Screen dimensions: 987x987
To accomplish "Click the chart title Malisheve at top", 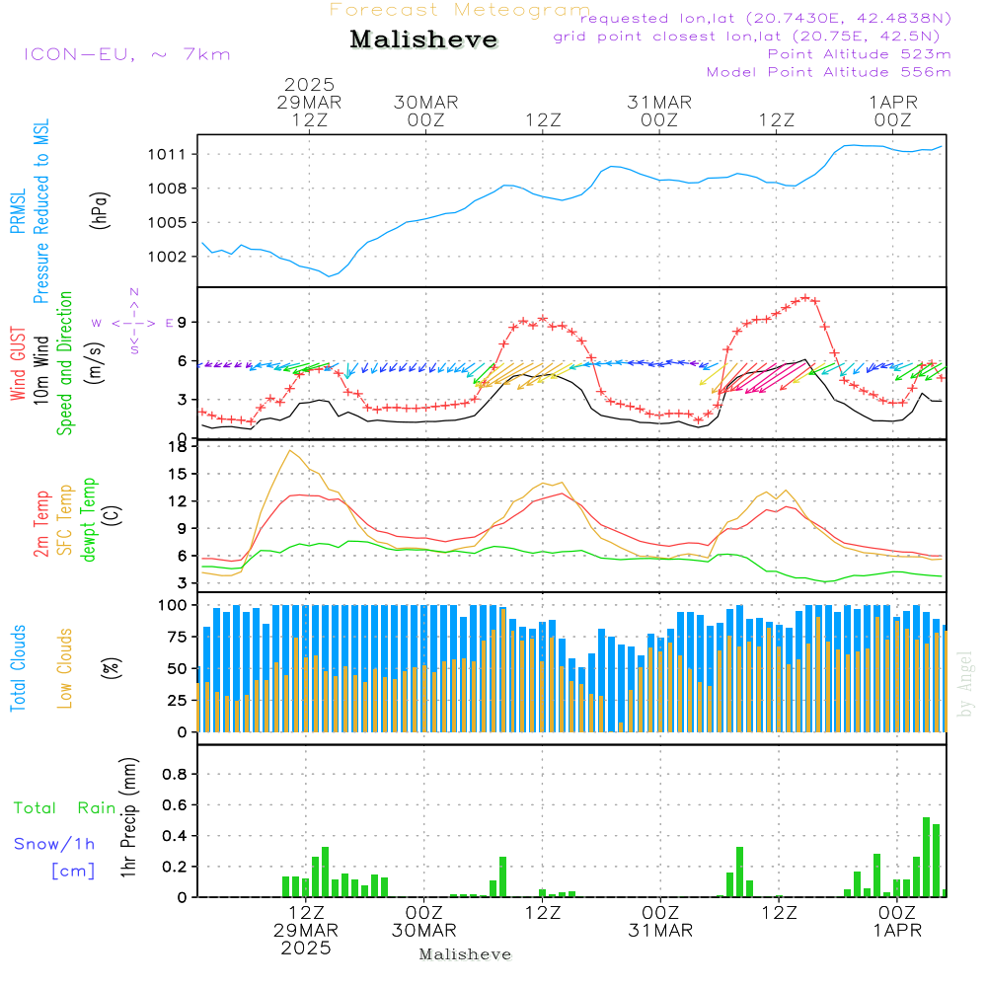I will [423, 40].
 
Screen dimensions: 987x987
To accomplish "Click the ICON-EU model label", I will [126, 54].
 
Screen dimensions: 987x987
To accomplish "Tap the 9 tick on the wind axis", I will [183, 322].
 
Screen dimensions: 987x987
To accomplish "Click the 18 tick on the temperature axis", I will [179, 446].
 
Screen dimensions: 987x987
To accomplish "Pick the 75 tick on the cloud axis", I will [175, 637].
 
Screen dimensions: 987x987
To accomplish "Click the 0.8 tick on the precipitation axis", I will [175, 775].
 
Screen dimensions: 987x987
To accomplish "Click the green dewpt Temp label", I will [90, 520].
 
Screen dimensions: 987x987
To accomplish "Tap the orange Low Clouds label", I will [66, 666].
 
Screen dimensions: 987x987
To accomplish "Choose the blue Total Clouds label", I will [19, 666].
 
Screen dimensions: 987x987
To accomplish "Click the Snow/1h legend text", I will [55, 844].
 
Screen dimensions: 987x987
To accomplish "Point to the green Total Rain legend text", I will [65, 808].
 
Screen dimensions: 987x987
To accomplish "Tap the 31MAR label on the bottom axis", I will [660, 931].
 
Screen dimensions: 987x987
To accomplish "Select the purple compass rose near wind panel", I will [133, 322].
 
